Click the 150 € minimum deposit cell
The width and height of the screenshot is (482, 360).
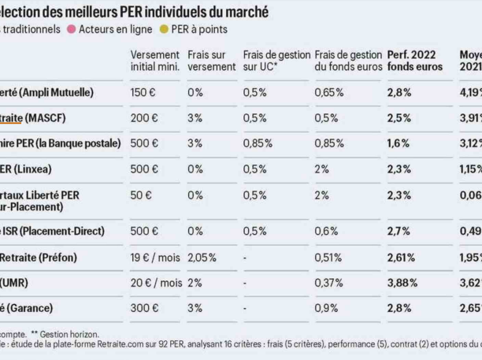pos(143,92)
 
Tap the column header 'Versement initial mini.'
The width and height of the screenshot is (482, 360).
pos(155,61)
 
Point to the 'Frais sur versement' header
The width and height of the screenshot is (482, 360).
pos(212,61)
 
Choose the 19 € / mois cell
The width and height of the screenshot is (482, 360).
pos(156,257)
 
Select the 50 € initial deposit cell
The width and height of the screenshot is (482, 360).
pos(139,195)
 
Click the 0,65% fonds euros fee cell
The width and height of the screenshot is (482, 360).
pos(329,92)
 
